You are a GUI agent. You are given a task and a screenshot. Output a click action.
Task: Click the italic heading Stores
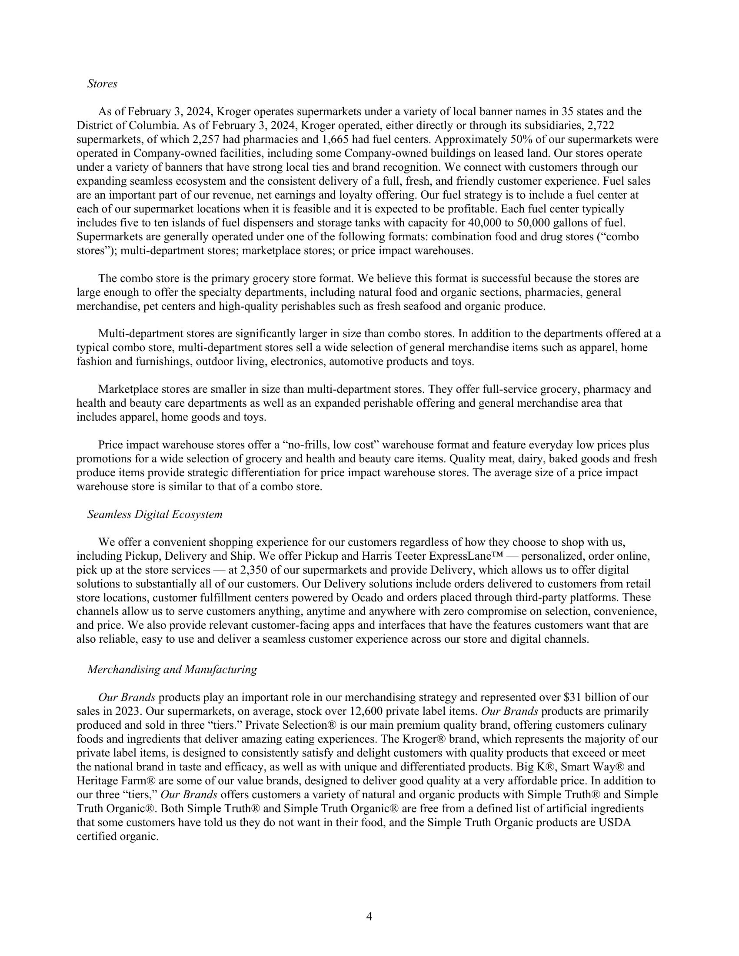tap(102, 83)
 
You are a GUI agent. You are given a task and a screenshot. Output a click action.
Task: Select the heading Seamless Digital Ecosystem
tap(155, 515)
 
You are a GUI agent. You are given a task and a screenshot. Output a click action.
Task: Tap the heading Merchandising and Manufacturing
tap(172, 669)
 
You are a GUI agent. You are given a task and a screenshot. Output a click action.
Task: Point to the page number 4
tap(369, 916)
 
